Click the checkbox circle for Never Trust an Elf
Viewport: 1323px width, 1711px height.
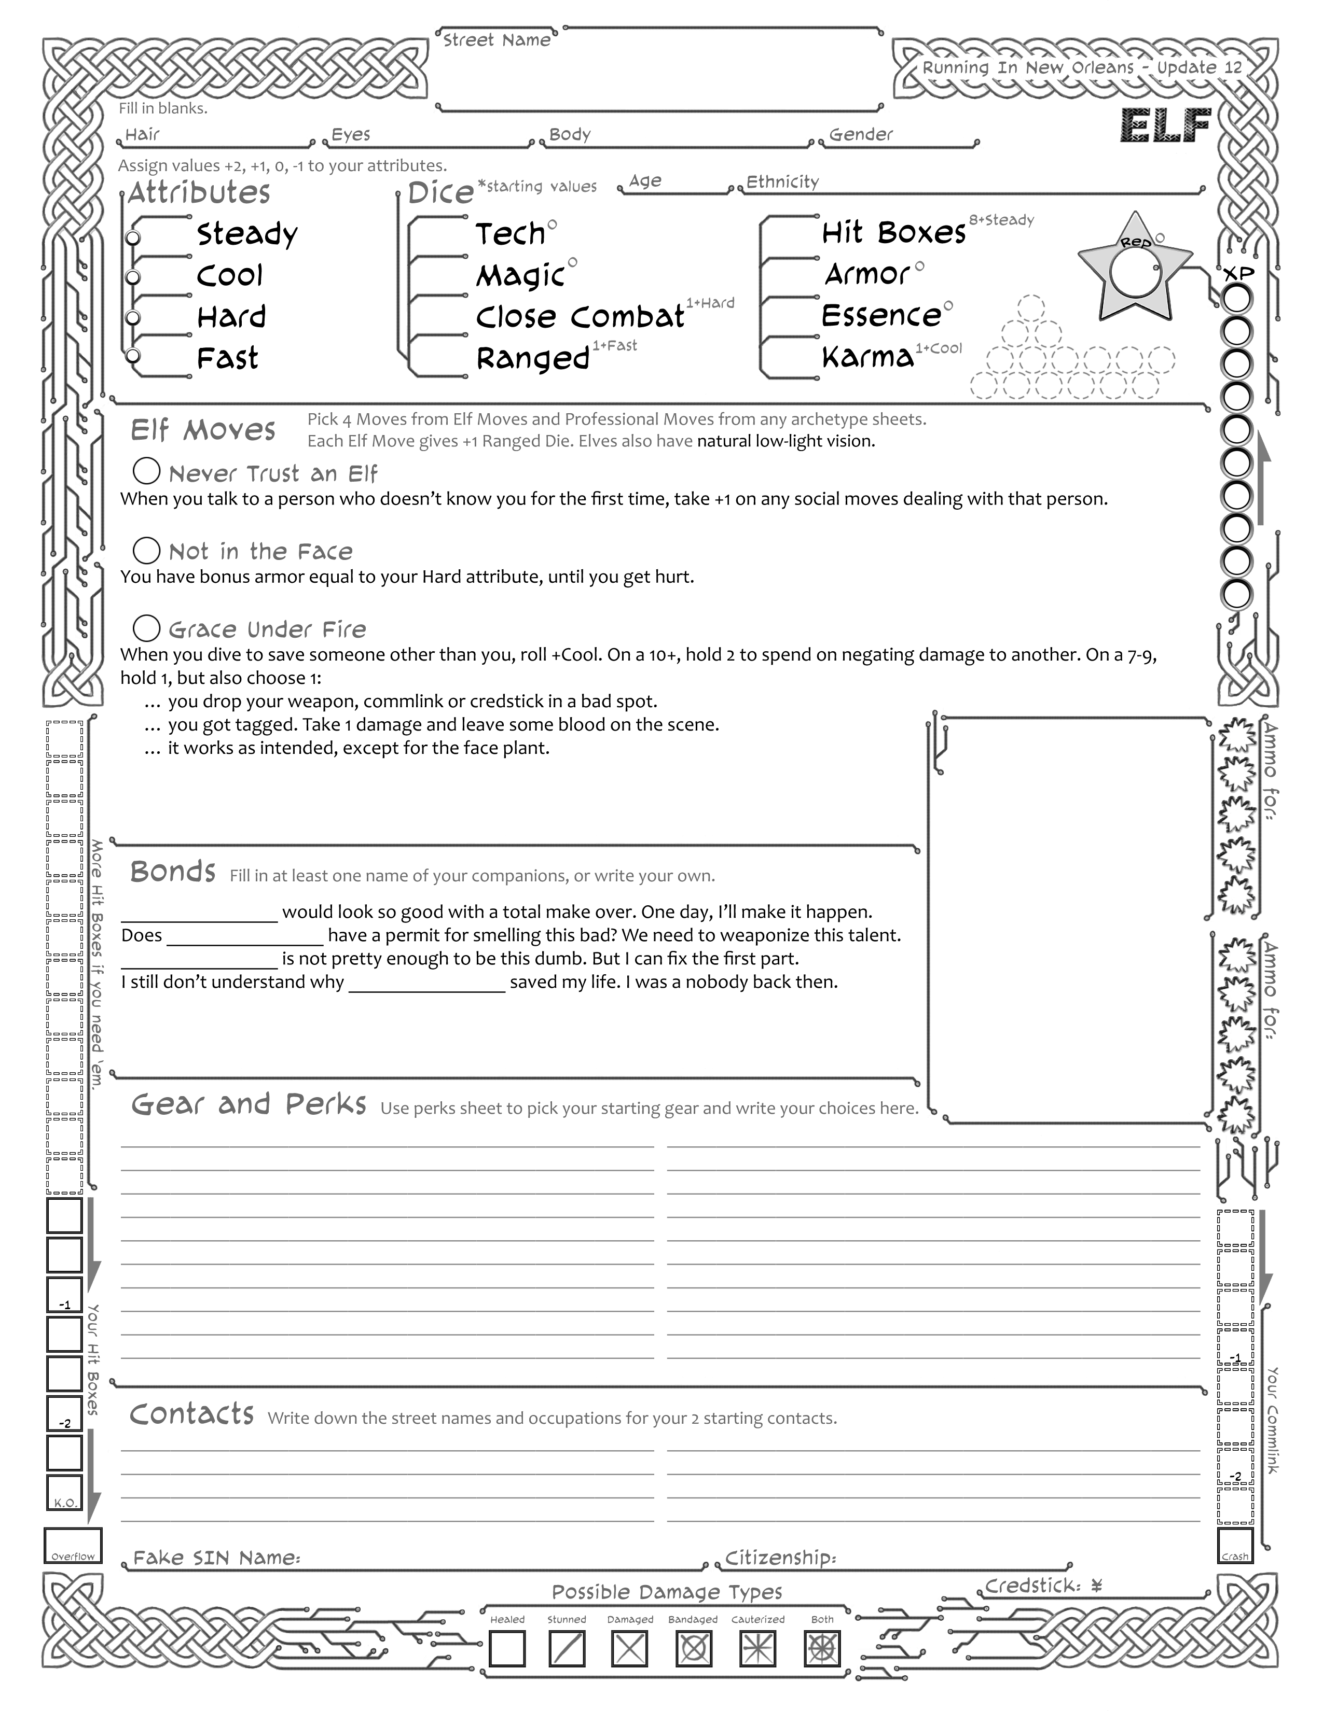point(146,472)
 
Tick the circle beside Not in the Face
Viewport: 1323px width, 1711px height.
point(146,550)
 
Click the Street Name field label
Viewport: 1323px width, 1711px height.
point(496,40)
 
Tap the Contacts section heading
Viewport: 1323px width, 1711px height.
point(192,1414)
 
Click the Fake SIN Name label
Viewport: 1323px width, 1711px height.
point(217,1558)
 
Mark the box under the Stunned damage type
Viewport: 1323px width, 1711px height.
point(567,1648)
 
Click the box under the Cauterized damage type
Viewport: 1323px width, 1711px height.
point(757,1648)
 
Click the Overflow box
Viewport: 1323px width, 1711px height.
point(73,1545)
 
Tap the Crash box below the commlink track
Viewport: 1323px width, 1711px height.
point(1235,1545)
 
